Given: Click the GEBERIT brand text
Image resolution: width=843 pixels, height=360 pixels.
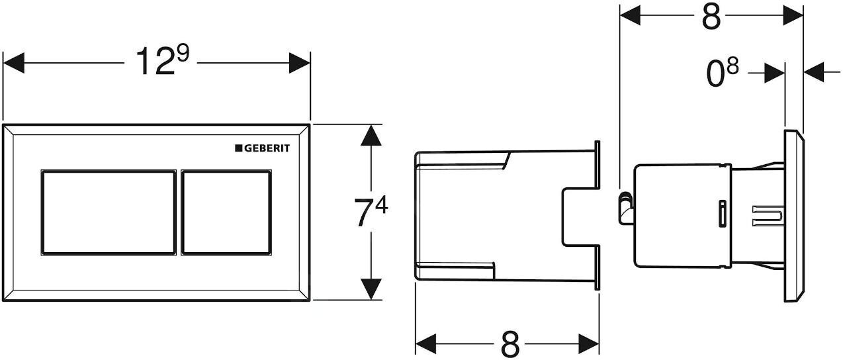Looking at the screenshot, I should pos(267,148).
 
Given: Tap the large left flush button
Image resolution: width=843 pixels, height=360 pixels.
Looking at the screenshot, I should pos(109,212).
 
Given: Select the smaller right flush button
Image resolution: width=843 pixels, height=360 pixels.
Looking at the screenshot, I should pos(226,212).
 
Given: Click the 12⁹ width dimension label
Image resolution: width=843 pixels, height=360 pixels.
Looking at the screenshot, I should pos(161,63).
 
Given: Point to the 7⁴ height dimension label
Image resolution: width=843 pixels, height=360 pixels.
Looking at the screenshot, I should pos(371,212).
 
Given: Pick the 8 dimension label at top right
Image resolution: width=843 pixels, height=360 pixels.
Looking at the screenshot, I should pos(711,17).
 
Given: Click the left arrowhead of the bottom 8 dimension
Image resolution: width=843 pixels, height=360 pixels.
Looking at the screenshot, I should pos(425,344).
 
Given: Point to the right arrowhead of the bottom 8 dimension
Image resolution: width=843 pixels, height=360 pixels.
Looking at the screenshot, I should pos(590,344).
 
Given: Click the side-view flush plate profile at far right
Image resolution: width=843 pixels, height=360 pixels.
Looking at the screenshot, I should pos(794,216).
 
